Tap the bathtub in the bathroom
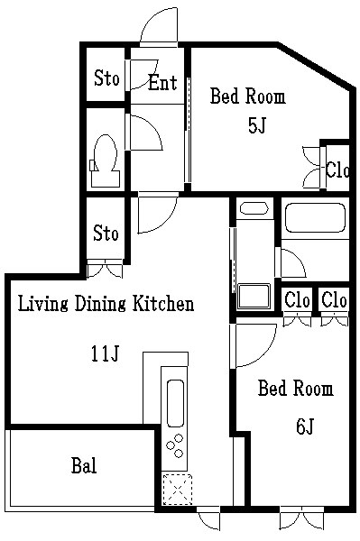(316, 217)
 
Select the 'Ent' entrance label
(162, 83)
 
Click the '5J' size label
(256, 125)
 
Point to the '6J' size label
(305, 426)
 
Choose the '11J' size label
(106, 353)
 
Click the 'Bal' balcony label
(84, 465)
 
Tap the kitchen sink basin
(175, 403)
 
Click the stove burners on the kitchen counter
(175, 445)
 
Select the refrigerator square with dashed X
(177, 490)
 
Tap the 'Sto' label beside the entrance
(106, 78)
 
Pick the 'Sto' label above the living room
(106, 234)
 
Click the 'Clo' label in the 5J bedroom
(337, 170)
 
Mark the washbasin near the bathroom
(254, 208)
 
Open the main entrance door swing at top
(159, 25)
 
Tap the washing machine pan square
(254, 296)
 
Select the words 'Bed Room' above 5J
(248, 96)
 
